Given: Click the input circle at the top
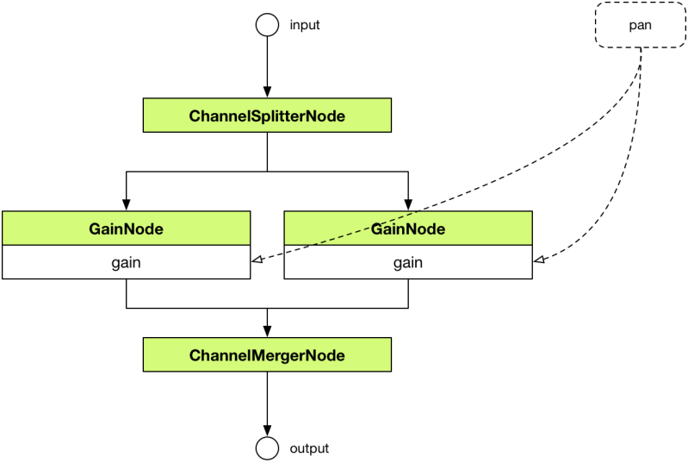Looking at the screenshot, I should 267,24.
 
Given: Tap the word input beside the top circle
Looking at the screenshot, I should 305,25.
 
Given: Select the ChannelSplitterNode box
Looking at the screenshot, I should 267,116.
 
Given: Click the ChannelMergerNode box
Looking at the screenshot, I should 267,355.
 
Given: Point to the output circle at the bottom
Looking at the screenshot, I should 267,448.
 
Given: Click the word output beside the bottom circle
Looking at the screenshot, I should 309,448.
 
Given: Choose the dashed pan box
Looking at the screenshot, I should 640,25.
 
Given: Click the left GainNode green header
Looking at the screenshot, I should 126,228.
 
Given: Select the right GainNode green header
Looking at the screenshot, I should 408,228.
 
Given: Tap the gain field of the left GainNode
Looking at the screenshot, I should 126,262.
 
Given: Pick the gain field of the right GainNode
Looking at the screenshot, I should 408,262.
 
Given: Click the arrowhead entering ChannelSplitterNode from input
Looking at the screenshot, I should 267,93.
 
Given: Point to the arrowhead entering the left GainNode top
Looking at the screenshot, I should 127,205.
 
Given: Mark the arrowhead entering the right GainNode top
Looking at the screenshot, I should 408,205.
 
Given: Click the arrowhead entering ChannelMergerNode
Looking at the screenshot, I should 267,332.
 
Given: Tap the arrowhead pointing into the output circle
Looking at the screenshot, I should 267,430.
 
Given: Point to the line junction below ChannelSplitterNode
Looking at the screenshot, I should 267,172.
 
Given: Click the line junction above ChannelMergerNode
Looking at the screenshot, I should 267,308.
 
